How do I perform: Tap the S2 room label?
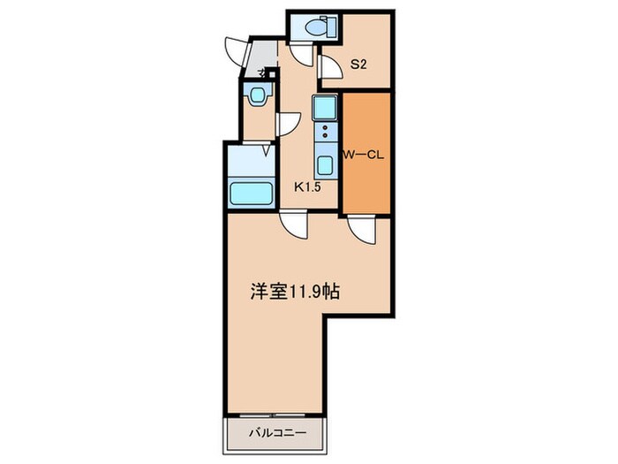point(358,64)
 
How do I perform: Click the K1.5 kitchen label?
point(306,187)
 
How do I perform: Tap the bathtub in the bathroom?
point(251,191)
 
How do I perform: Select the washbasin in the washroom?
point(259,95)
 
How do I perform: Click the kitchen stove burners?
point(324,133)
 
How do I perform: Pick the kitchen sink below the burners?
point(324,165)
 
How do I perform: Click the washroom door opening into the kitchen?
point(287,124)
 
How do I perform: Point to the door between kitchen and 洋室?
point(293,226)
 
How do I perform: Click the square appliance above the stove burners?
point(323,108)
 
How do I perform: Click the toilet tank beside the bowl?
point(332,27)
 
